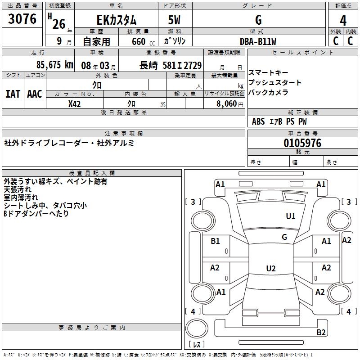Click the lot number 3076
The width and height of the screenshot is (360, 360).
click(x=22, y=19)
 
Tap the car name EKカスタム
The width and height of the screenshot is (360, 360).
click(x=116, y=20)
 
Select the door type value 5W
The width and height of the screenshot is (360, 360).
click(x=175, y=20)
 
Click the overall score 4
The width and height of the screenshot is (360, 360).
click(x=343, y=20)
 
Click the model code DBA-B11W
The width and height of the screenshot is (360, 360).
click(x=258, y=41)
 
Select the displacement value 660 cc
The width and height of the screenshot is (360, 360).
click(x=137, y=41)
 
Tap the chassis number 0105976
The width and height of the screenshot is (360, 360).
click(x=302, y=143)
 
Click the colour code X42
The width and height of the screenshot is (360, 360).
click(x=75, y=104)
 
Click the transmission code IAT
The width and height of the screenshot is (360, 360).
click(x=13, y=94)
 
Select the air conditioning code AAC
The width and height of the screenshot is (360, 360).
click(x=35, y=94)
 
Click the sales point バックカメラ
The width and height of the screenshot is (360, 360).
click(x=268, y=93)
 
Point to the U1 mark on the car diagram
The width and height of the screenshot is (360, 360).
click(x=291, y=216)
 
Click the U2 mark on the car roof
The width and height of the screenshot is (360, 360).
click(x=270, y=269)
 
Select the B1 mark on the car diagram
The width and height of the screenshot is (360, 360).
click(x=215, y=241)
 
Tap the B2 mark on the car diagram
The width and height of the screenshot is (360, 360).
click(x=321, y=333)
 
